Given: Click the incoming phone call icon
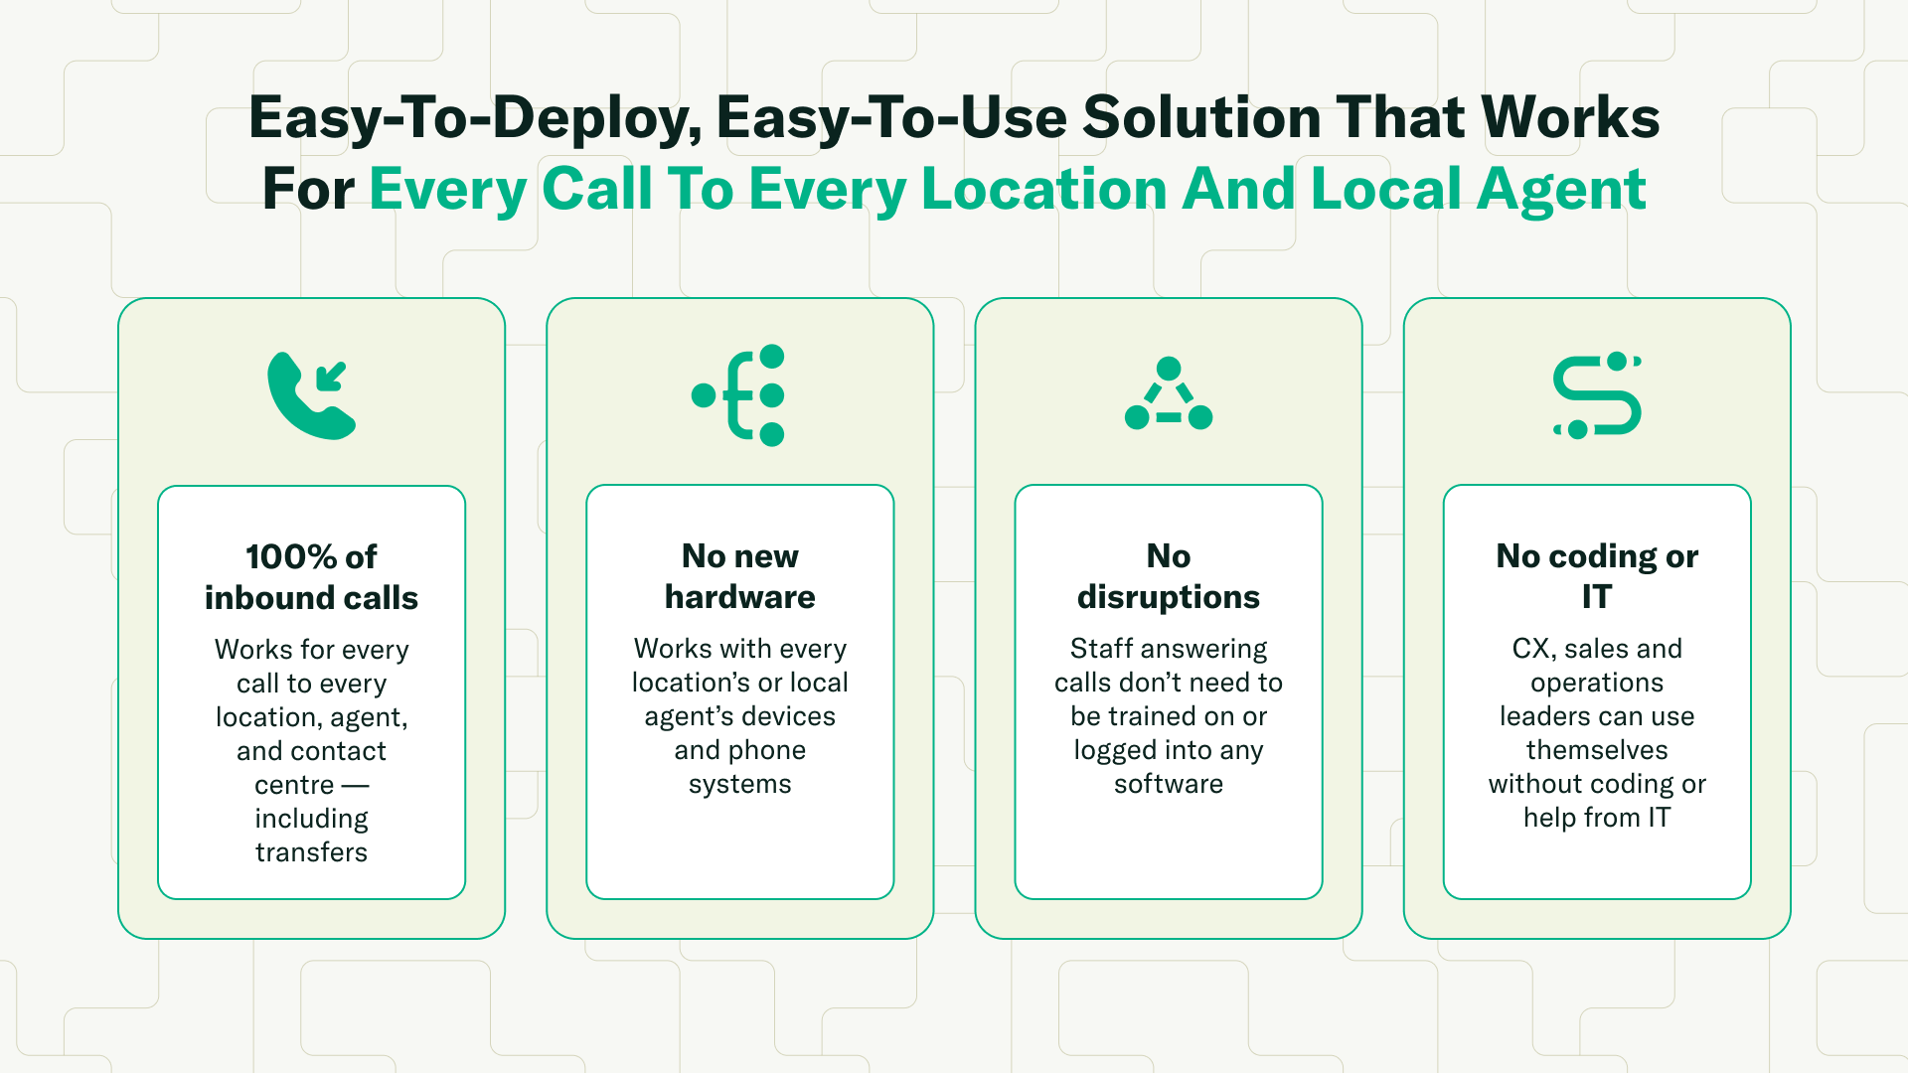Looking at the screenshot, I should (x=311, y=395).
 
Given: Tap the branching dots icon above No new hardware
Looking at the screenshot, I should (x=739, y=395).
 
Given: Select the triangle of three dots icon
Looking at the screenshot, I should (x=1169, y=395).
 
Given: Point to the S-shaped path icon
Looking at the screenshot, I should (x=1597, y=395).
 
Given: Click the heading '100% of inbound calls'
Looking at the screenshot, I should (x=311, y=577).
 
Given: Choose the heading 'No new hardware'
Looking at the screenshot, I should (x=739, y=576).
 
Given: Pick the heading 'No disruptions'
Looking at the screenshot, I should (x=1169, y=576).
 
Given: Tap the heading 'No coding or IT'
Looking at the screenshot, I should (x=1597, y=576).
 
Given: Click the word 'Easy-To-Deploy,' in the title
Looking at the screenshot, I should (x=475, y=117).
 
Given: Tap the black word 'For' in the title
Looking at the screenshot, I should (x=308, y=189).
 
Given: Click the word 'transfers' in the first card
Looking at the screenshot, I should (x=311, y=852).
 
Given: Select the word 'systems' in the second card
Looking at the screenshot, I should (x=739, y=784).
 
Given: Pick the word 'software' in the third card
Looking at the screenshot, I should (x=1169, y=784).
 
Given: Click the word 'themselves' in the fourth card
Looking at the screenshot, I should (x=1597, y=750).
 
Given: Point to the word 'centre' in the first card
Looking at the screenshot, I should (x=294, y=785).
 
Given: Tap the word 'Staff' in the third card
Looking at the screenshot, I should (x=1101, y=649).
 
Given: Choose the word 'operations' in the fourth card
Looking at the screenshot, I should (x=1597, y=683).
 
